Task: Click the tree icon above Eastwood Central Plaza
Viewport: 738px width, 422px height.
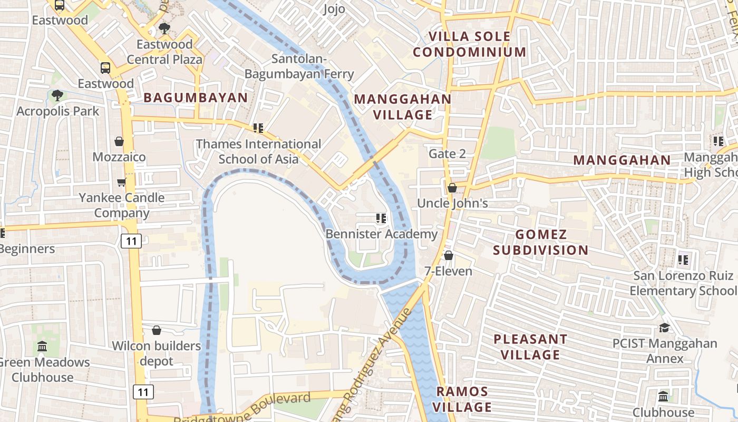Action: click(164, 28)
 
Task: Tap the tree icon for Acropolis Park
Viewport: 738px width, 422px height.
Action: click(57, 95)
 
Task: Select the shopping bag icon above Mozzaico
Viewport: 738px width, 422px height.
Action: click(119, 141)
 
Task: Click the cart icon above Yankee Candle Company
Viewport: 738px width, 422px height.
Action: click(121, 182)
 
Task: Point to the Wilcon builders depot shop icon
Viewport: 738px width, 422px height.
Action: click(156, 330)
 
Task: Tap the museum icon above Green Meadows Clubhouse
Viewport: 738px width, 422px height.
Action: click(42, 347)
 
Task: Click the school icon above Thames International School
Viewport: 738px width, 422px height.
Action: click(258, 128)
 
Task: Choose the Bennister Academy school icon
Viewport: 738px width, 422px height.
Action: click(381, 218)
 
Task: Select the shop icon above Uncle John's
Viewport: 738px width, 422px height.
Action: click(452, 188)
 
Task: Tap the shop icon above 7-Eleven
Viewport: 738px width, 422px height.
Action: click(448, 255)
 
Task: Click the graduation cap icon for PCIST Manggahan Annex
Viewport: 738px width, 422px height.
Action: click(664, 328)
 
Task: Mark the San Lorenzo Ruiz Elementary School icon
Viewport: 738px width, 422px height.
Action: click(683, 260)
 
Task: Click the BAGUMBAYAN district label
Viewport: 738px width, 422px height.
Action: click(196, 98)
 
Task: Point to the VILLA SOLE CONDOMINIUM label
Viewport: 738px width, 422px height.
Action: click(469, 44)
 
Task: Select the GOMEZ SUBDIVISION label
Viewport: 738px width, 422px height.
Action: click(541, 242)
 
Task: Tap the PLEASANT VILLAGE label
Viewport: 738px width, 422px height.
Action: click(530, 347)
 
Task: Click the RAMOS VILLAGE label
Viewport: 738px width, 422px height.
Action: click(462, 399)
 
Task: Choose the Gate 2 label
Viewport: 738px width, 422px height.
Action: click(447, 154)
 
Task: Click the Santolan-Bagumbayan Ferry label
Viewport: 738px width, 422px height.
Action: click(299, 66)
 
